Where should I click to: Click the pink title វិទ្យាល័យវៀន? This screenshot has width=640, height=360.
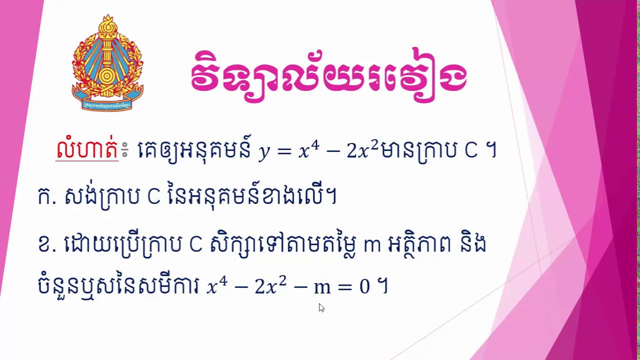[x=328, y=76]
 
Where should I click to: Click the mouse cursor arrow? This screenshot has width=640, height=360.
[x=321, y=307]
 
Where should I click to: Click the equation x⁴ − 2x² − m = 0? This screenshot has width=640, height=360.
[x=287, y=287]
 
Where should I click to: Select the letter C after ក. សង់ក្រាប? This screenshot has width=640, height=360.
[x=153, y=197]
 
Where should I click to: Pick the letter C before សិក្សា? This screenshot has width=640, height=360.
[x=195, y=245]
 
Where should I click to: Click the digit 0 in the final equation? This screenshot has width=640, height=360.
[x=364, y=287]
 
